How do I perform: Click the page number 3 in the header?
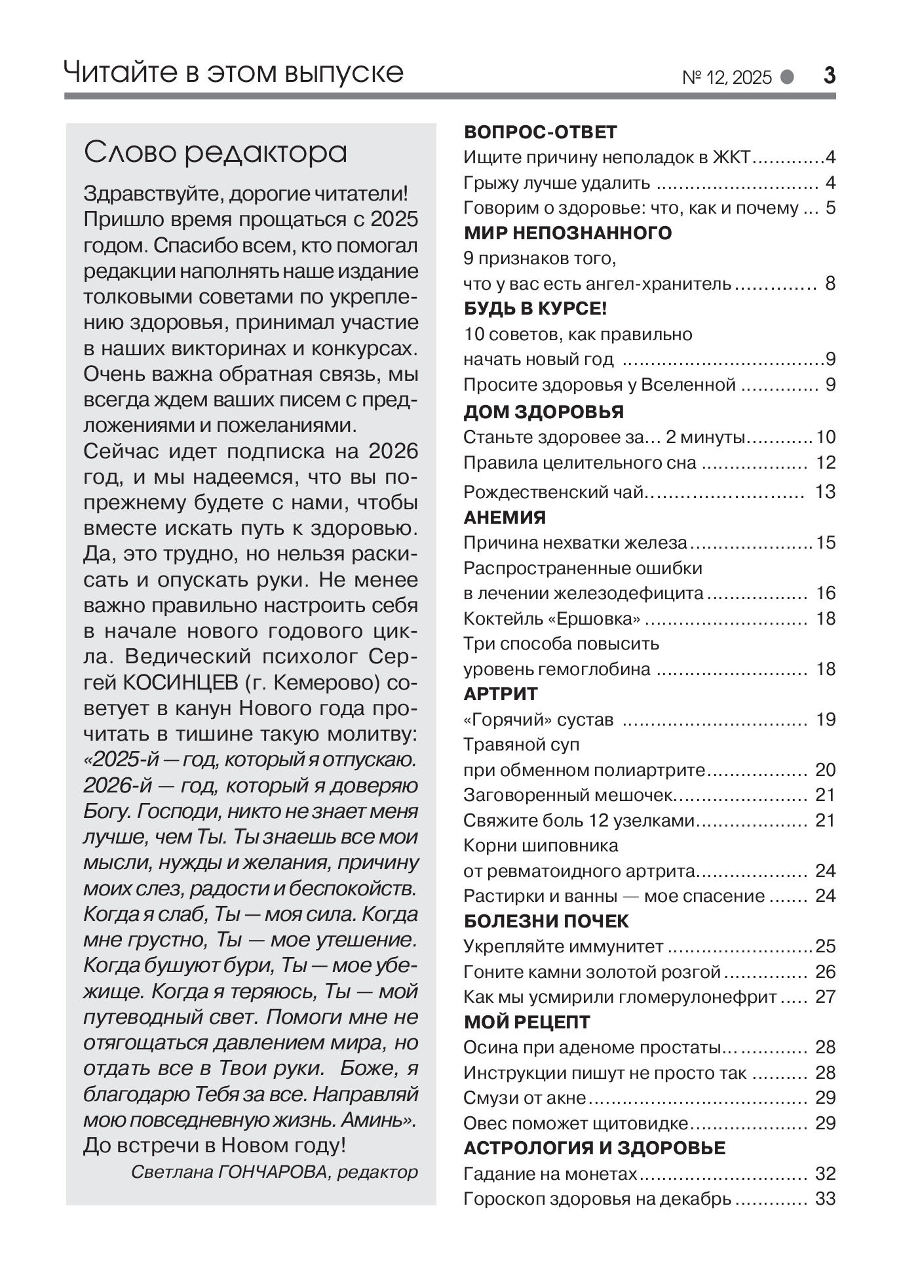coord(829,76)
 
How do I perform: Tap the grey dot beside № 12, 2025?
coord(787,77)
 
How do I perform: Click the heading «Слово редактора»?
coord(216,152)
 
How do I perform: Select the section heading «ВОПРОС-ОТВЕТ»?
coord(540,132)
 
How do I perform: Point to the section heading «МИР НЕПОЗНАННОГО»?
coord(567,233)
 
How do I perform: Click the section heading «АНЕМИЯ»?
coord(505,518)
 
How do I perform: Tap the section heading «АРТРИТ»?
coord(501,693)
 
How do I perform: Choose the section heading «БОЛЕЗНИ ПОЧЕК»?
coord(546,922)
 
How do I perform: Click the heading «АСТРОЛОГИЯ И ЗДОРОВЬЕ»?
coord(594,1148)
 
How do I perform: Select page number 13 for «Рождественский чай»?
coord(825,492)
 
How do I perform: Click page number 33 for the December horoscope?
coord(825,1199)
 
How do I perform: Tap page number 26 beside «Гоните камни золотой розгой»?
coord(825,971)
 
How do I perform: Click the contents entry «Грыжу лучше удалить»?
coord(556,183)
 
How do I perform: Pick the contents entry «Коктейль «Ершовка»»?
coord(552,619)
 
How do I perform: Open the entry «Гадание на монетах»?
coord(550,1174)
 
